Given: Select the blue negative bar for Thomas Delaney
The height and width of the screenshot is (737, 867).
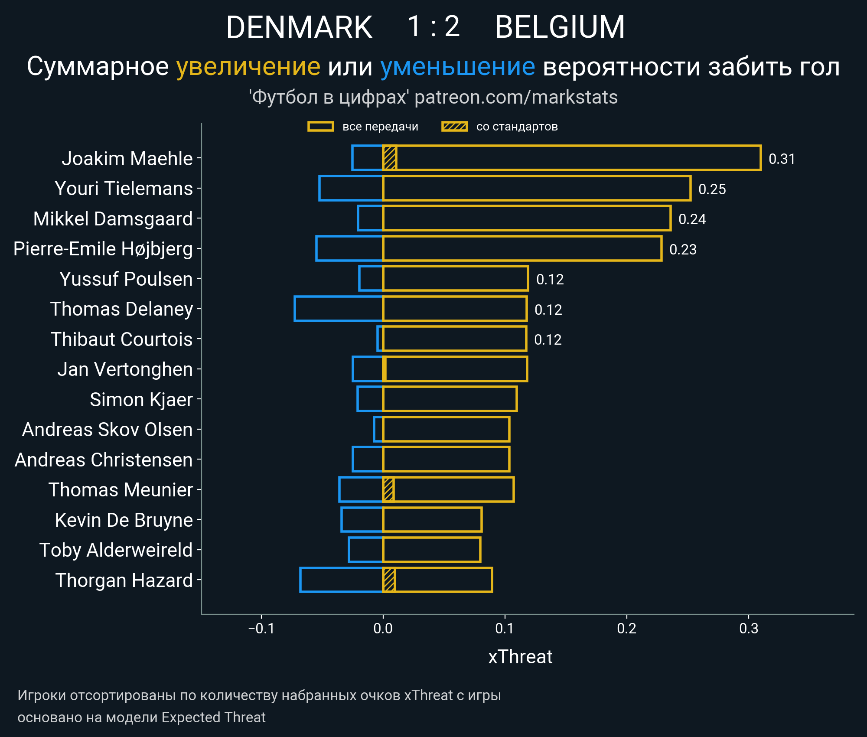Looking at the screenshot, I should click(338, 309).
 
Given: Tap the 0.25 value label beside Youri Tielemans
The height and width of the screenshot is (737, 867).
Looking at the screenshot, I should click(712, 189).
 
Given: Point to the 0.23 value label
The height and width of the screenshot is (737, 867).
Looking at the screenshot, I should click(683, 249).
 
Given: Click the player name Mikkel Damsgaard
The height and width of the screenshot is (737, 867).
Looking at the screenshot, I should click(113, 219).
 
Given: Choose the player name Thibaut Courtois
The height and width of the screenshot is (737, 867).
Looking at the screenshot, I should click(121, 339).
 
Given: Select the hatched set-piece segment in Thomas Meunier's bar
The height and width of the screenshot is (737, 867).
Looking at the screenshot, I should click(388, 489).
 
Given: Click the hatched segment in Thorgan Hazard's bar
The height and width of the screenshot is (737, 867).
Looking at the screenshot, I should click(389, 580).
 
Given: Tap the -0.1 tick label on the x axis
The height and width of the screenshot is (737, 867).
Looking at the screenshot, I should click(261, 629).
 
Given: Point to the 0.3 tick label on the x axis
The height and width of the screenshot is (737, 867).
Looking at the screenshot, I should click(749, 629).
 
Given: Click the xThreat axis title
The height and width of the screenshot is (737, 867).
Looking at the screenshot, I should click(520, 657).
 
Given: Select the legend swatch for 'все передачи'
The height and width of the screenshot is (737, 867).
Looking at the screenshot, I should click(320, 127).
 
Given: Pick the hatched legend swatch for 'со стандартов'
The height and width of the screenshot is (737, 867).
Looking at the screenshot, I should click(454, 127).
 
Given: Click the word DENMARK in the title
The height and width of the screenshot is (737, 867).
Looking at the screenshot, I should click(299, 27).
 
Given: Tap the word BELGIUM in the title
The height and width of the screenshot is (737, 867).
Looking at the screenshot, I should click(560, 27).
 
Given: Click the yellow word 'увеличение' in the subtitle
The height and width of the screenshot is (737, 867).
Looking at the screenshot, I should click(248, 67).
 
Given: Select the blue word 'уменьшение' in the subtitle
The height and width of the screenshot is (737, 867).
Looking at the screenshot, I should click(457, 67).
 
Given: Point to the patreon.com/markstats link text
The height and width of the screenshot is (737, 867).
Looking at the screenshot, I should click(516, 97).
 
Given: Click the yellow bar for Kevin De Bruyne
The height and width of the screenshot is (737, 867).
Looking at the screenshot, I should click(432, 519).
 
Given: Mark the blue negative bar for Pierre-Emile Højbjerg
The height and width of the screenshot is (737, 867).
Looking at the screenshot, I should click(349, 248).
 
